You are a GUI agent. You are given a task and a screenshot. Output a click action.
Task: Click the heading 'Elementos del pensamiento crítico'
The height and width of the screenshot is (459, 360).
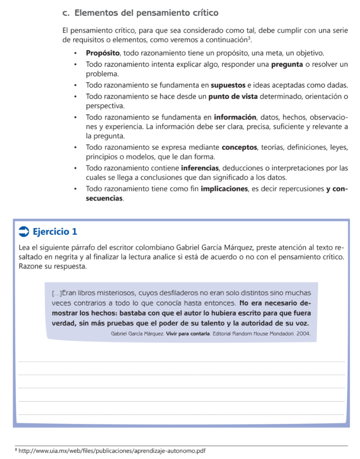tap(146, 13)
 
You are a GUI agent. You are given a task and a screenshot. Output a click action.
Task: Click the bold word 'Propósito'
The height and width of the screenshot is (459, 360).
tap(103, 53)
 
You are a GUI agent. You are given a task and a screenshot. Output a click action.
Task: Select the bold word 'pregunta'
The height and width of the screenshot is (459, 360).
tap(287, 65)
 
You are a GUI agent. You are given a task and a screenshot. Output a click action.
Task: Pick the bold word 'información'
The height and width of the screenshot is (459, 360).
tap(235, 117)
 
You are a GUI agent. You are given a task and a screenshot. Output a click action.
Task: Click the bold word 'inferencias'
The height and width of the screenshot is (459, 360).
tap(200, 168)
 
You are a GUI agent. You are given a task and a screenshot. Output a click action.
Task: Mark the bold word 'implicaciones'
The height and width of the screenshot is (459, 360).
tap(224, 189)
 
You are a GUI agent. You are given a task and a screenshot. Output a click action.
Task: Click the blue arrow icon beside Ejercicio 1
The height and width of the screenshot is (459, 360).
tap(24, 232)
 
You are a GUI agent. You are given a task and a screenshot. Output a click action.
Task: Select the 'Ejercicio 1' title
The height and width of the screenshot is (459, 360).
tap(55, 232)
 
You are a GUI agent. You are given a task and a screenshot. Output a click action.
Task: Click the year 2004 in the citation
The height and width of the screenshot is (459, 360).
tap(302, 334)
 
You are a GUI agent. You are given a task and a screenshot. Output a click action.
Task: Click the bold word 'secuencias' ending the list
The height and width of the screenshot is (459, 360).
tap(104, 198)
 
